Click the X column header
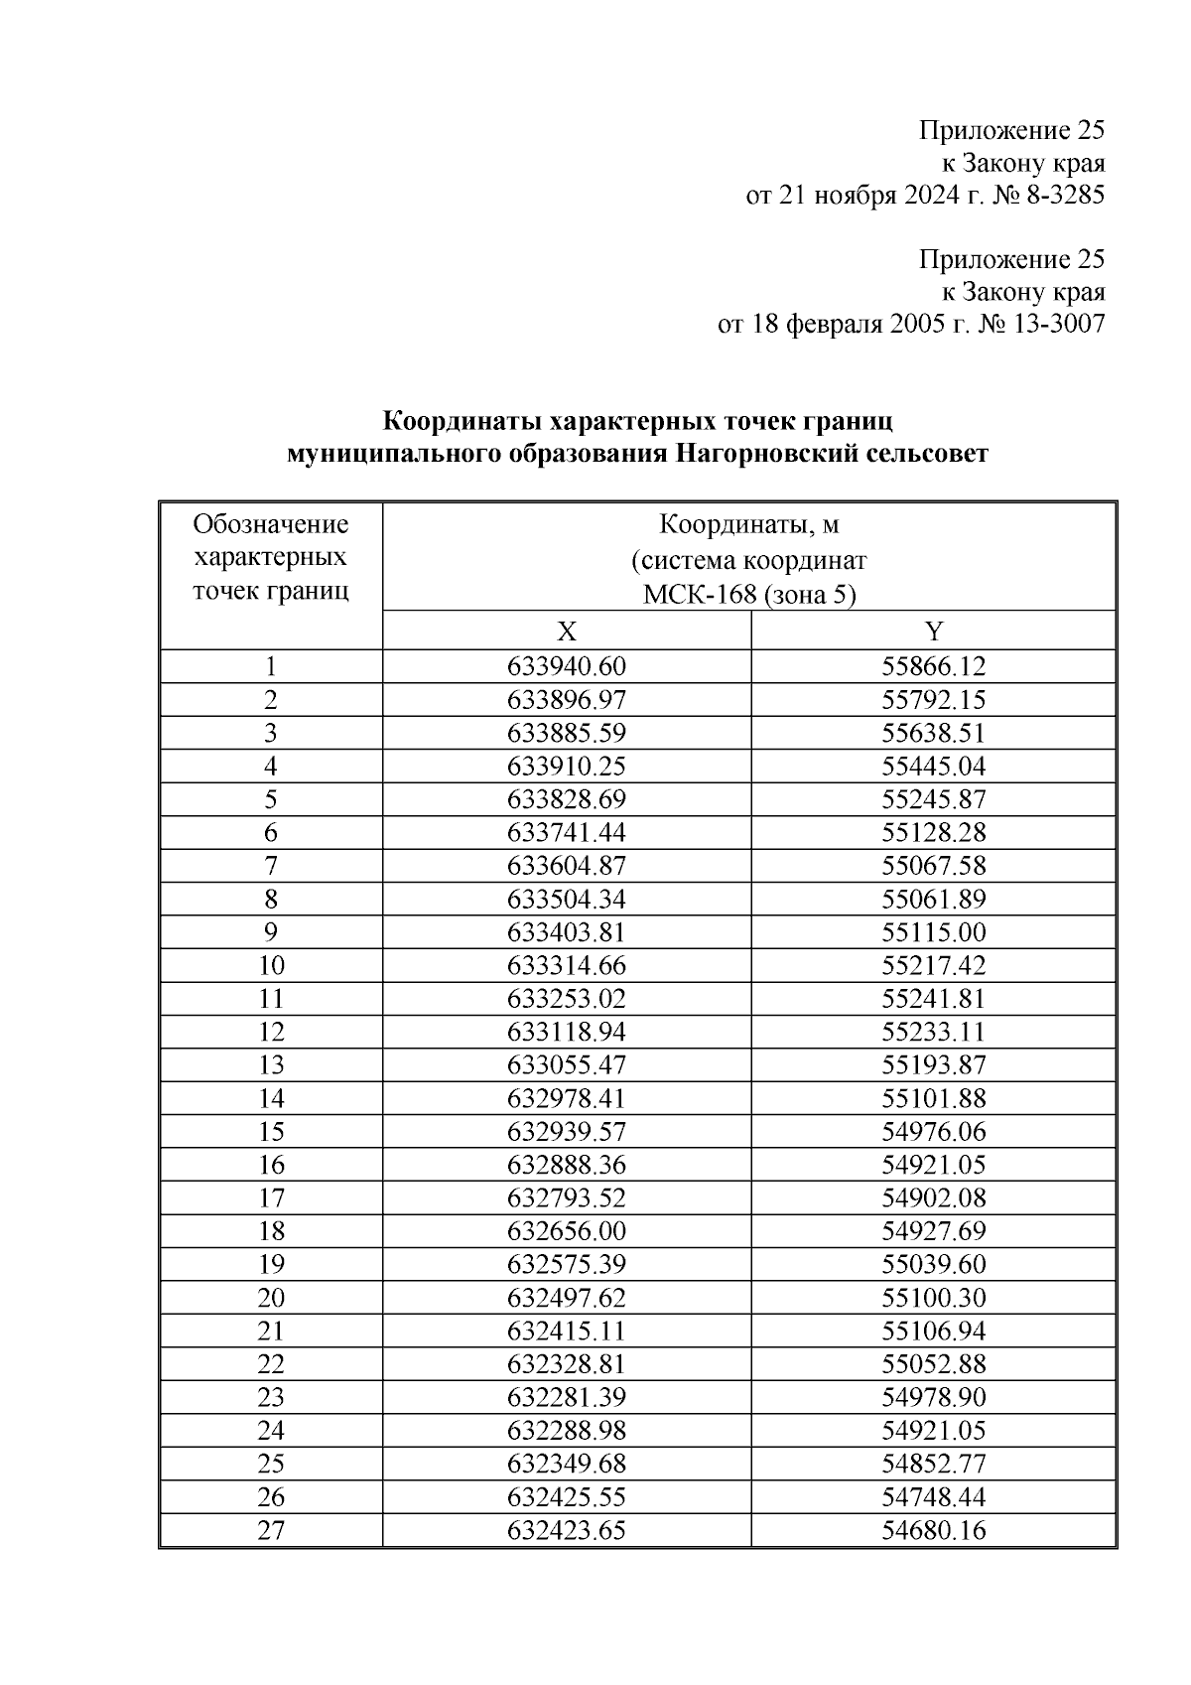566,632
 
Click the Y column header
933,632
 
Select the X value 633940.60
566,666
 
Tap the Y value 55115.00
933,932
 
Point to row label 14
270,1098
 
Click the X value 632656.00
566,1231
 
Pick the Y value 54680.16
933,1530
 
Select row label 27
270,1530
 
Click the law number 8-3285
1062,195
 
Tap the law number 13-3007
1055,324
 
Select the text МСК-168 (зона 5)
748,595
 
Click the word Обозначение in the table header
270,523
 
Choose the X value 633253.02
566,999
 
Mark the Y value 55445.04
933,767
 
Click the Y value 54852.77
933,1464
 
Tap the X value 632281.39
566,1397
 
